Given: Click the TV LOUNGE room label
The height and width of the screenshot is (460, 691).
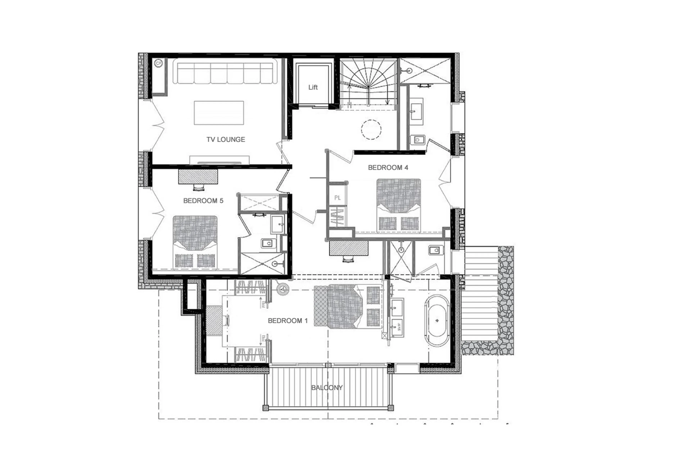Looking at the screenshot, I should (x=225, y=139).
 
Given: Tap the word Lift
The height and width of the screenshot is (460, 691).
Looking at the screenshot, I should (x=313, y=87).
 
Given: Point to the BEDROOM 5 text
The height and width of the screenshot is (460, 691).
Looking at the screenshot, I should (x=203, y=201).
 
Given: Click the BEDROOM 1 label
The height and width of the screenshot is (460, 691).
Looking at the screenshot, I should (x=288, y=321).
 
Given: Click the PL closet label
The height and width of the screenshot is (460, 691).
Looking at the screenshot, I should (x=337, y=198).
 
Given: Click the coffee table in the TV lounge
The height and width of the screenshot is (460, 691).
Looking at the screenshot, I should (x=219, y=113).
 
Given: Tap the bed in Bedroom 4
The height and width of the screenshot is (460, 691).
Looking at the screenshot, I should (x=399, y=205).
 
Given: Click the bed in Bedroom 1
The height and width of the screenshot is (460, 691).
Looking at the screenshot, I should (x=348, y=306).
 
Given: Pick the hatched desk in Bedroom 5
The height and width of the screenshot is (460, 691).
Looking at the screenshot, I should (x=198, y=177).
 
